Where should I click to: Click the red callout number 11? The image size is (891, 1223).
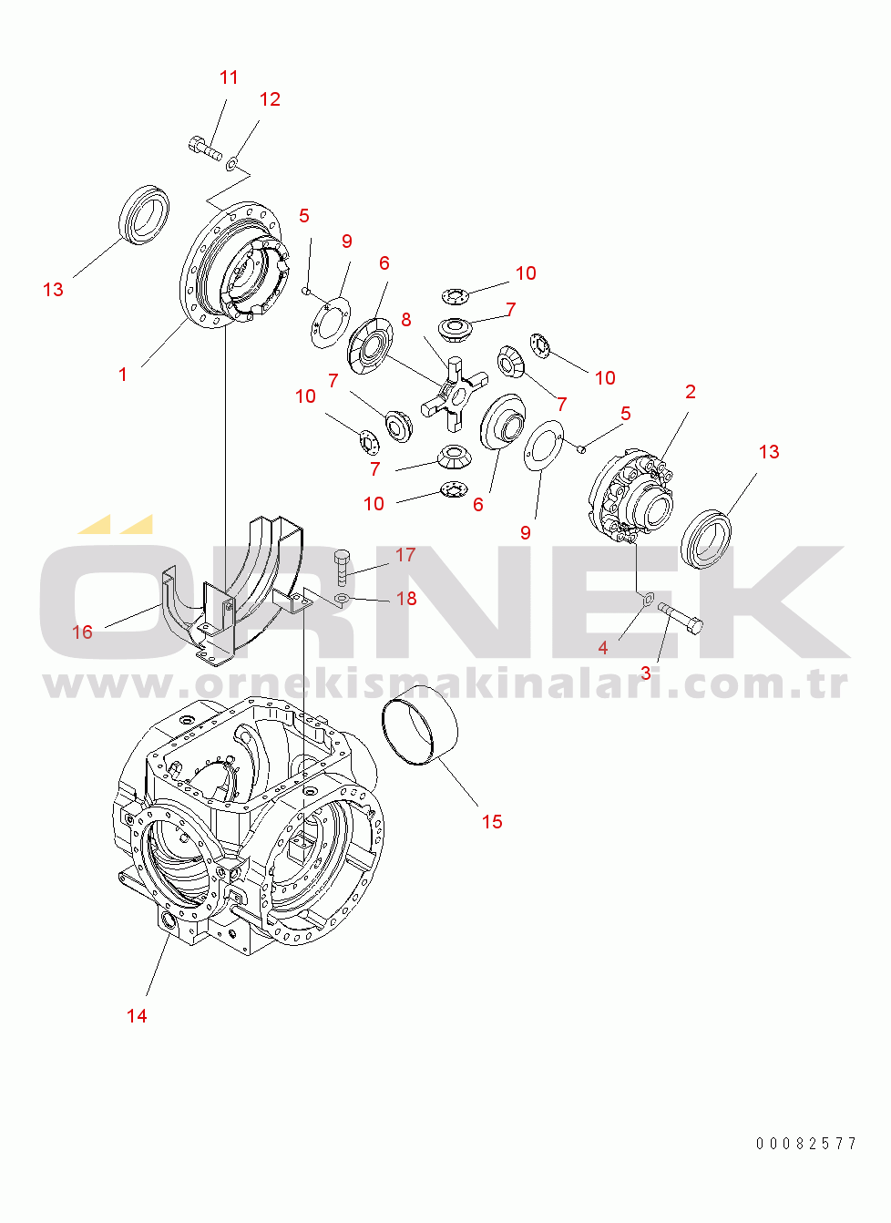click(229, 77)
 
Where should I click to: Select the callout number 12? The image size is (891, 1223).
click(270, 99)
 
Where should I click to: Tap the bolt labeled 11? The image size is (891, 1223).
click(205, 148)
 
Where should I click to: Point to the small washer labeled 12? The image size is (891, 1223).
click(232, 162)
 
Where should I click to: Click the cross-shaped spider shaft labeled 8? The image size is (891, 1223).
click(455, 392)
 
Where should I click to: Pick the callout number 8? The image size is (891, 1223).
click(406, 320)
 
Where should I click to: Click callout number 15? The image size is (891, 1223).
click(492, 822)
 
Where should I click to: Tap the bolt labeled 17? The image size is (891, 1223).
click(342, 568)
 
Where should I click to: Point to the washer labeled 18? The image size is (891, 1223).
click(343, 599)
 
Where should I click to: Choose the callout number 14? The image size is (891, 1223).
click(137, 1016)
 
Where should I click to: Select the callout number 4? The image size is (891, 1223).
click(603, 648)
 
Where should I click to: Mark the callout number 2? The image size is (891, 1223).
click(691, 392)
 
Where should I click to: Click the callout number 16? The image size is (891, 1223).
click(82, 632)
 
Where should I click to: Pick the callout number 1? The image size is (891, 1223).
click(123, 375)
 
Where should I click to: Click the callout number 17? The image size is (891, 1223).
click(405, 555)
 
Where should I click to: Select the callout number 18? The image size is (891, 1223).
click(406, 599)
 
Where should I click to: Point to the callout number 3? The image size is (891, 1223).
click(646, 673)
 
